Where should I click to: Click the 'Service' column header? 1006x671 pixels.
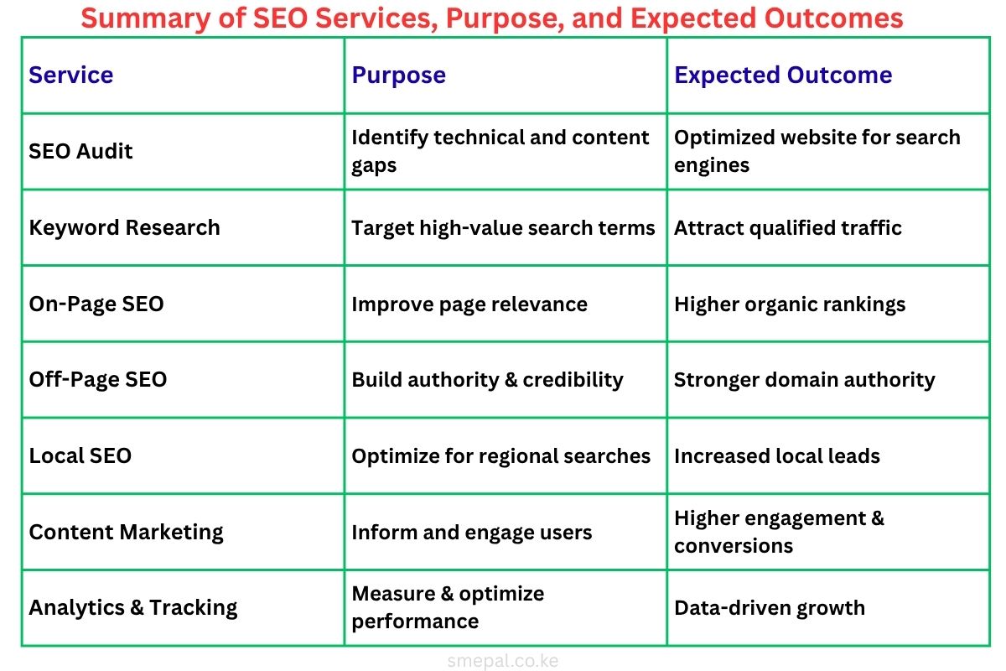71,75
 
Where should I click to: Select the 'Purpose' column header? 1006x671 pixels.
398,75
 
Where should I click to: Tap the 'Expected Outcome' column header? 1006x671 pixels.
783,75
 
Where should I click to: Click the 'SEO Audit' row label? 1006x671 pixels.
81,152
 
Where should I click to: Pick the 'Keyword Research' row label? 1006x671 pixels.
124,228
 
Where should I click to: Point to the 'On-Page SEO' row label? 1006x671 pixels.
96,304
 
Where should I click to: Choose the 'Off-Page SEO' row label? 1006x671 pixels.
98,380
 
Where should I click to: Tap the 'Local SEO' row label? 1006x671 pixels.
80,456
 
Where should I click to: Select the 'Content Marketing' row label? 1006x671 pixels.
126,533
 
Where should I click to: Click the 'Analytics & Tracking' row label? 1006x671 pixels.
133,608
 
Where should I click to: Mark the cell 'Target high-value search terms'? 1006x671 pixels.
503,228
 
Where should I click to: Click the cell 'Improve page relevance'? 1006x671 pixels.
469,304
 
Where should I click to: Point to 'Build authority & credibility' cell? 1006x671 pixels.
487,380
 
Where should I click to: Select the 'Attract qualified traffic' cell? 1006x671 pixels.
788,228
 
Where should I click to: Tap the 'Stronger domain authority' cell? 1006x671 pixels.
804,380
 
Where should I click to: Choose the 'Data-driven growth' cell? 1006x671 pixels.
770,608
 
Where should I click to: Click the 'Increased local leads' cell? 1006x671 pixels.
777,456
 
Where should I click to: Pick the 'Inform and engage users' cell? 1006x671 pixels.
472,533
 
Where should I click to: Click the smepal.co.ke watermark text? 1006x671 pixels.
503,661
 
